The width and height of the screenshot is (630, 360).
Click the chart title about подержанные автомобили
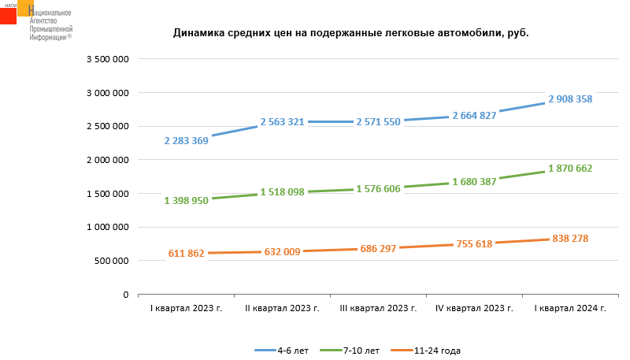pos(350,34)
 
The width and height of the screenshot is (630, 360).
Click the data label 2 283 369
pos(186,141)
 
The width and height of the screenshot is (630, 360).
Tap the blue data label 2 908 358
pos(570,99)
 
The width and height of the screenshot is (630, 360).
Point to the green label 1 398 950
pos(186,201)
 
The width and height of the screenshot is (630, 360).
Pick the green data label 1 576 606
pos(378,189)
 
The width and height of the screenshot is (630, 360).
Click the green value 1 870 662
pos(570,169)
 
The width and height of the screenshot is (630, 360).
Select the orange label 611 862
pos(186,254)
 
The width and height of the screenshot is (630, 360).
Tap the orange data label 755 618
pos(474,244)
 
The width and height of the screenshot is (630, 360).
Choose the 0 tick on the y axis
pos(125,295)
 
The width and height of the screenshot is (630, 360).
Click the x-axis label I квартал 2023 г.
pos(186,308)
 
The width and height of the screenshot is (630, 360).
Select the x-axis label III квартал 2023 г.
pos(378,308)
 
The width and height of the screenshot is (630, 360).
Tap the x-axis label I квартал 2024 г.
pos(570,308)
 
